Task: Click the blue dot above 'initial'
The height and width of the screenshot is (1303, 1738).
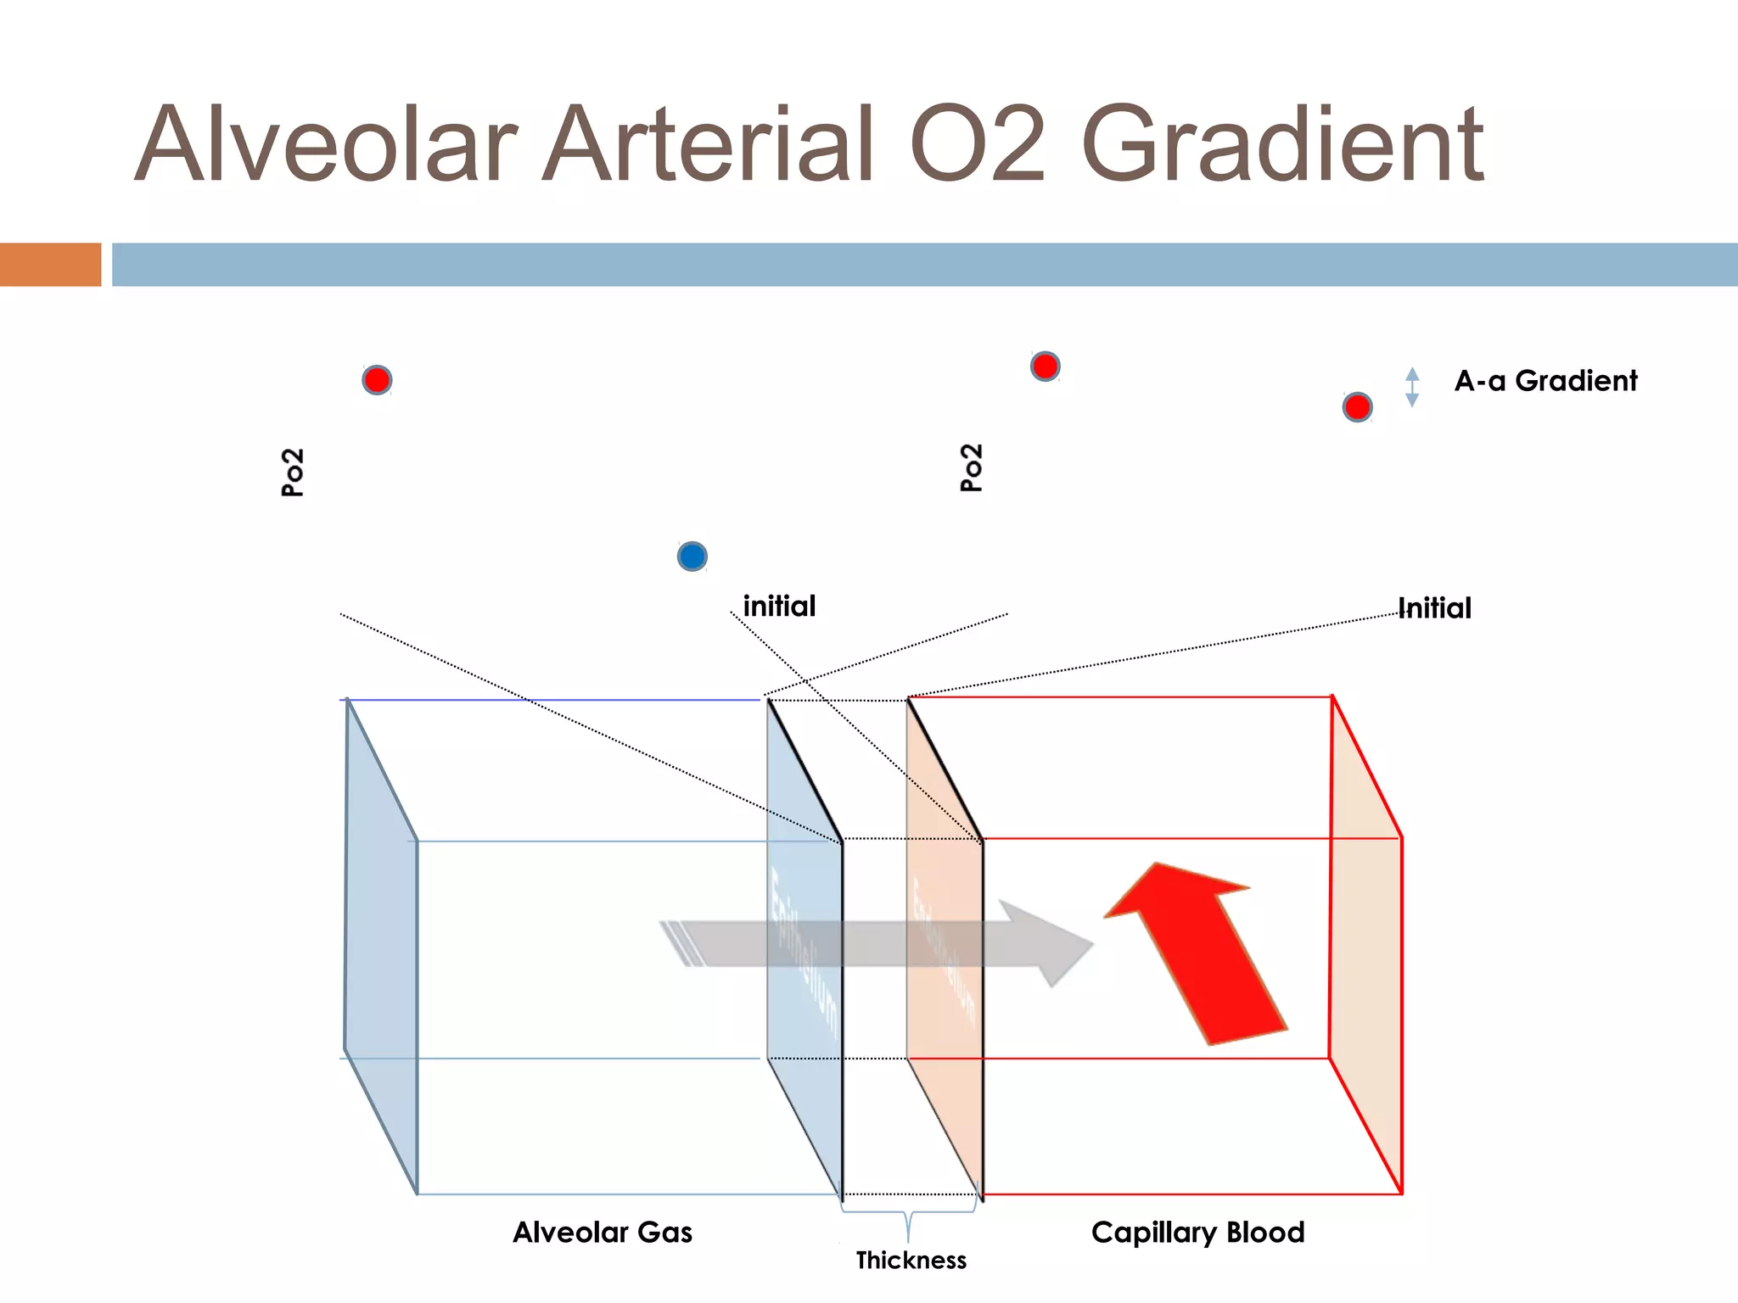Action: [x=692, y=556]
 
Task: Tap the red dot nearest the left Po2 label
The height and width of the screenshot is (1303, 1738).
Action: [x=377, y=379]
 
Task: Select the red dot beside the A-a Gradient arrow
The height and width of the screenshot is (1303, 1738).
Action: [x=1358, y=407]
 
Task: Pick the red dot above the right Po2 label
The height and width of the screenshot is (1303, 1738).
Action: [x=1045, y=366]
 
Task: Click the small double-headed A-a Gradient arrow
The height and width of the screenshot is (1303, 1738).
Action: [x=1412, y=387]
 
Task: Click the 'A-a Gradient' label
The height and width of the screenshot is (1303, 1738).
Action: [x=1545, y=381]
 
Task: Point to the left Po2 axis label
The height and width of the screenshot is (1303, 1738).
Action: [x=292, y=472]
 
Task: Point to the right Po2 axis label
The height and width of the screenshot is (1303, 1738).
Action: [x=971, y=467]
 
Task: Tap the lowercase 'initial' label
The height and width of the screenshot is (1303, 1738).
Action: [x=779, y=607]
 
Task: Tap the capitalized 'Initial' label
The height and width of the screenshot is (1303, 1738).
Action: [x=1435, y=608]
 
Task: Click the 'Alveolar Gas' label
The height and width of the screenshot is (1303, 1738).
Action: [x=603, y=1232]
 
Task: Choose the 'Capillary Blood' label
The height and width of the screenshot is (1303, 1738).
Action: [x=1197, y=1232]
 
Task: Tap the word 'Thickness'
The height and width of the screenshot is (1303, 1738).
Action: [x=911, y=1261]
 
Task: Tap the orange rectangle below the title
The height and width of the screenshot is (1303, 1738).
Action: [x=50, y=264]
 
